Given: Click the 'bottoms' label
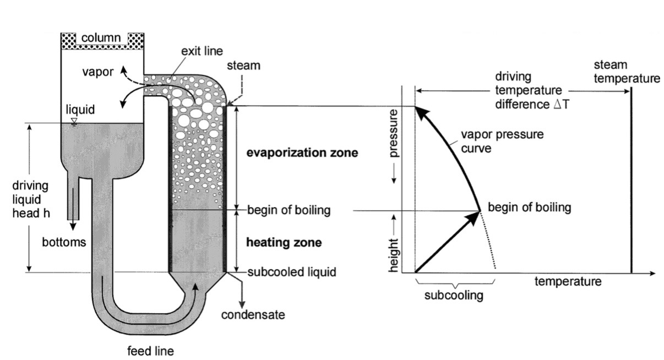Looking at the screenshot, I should (x=64, y=242).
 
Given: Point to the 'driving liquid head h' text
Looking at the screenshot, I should (x=29, y=199).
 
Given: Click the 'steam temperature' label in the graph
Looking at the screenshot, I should (x=627, y=72).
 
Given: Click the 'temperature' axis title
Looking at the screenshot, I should (x=568, y=282).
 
